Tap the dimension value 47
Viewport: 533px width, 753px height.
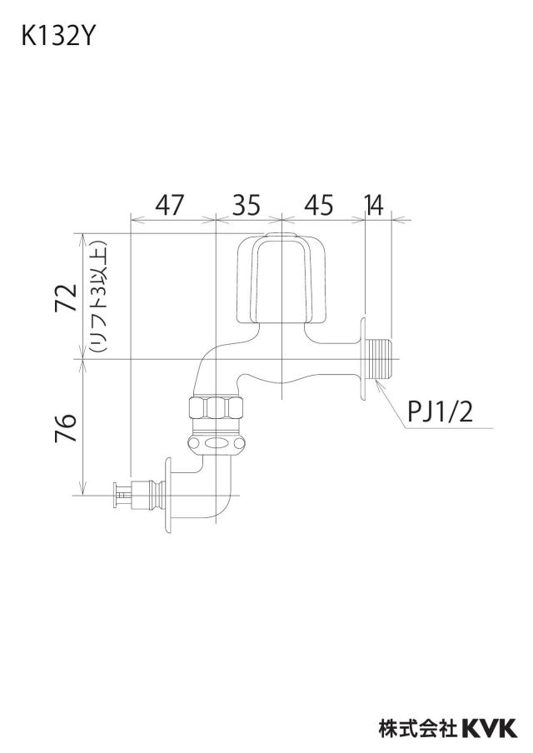click(170, 205)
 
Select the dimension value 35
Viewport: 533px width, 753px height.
click(247, 205)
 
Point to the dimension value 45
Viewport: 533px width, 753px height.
click(319, 205)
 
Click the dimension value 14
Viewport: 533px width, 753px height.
click(374, 205)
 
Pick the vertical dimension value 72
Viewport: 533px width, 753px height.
click(67, 297)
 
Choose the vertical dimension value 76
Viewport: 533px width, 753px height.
click(67, 427)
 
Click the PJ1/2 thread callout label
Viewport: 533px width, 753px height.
click(440, 412)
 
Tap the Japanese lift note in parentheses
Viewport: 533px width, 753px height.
click(97, 297)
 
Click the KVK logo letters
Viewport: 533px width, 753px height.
click(490, 728)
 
